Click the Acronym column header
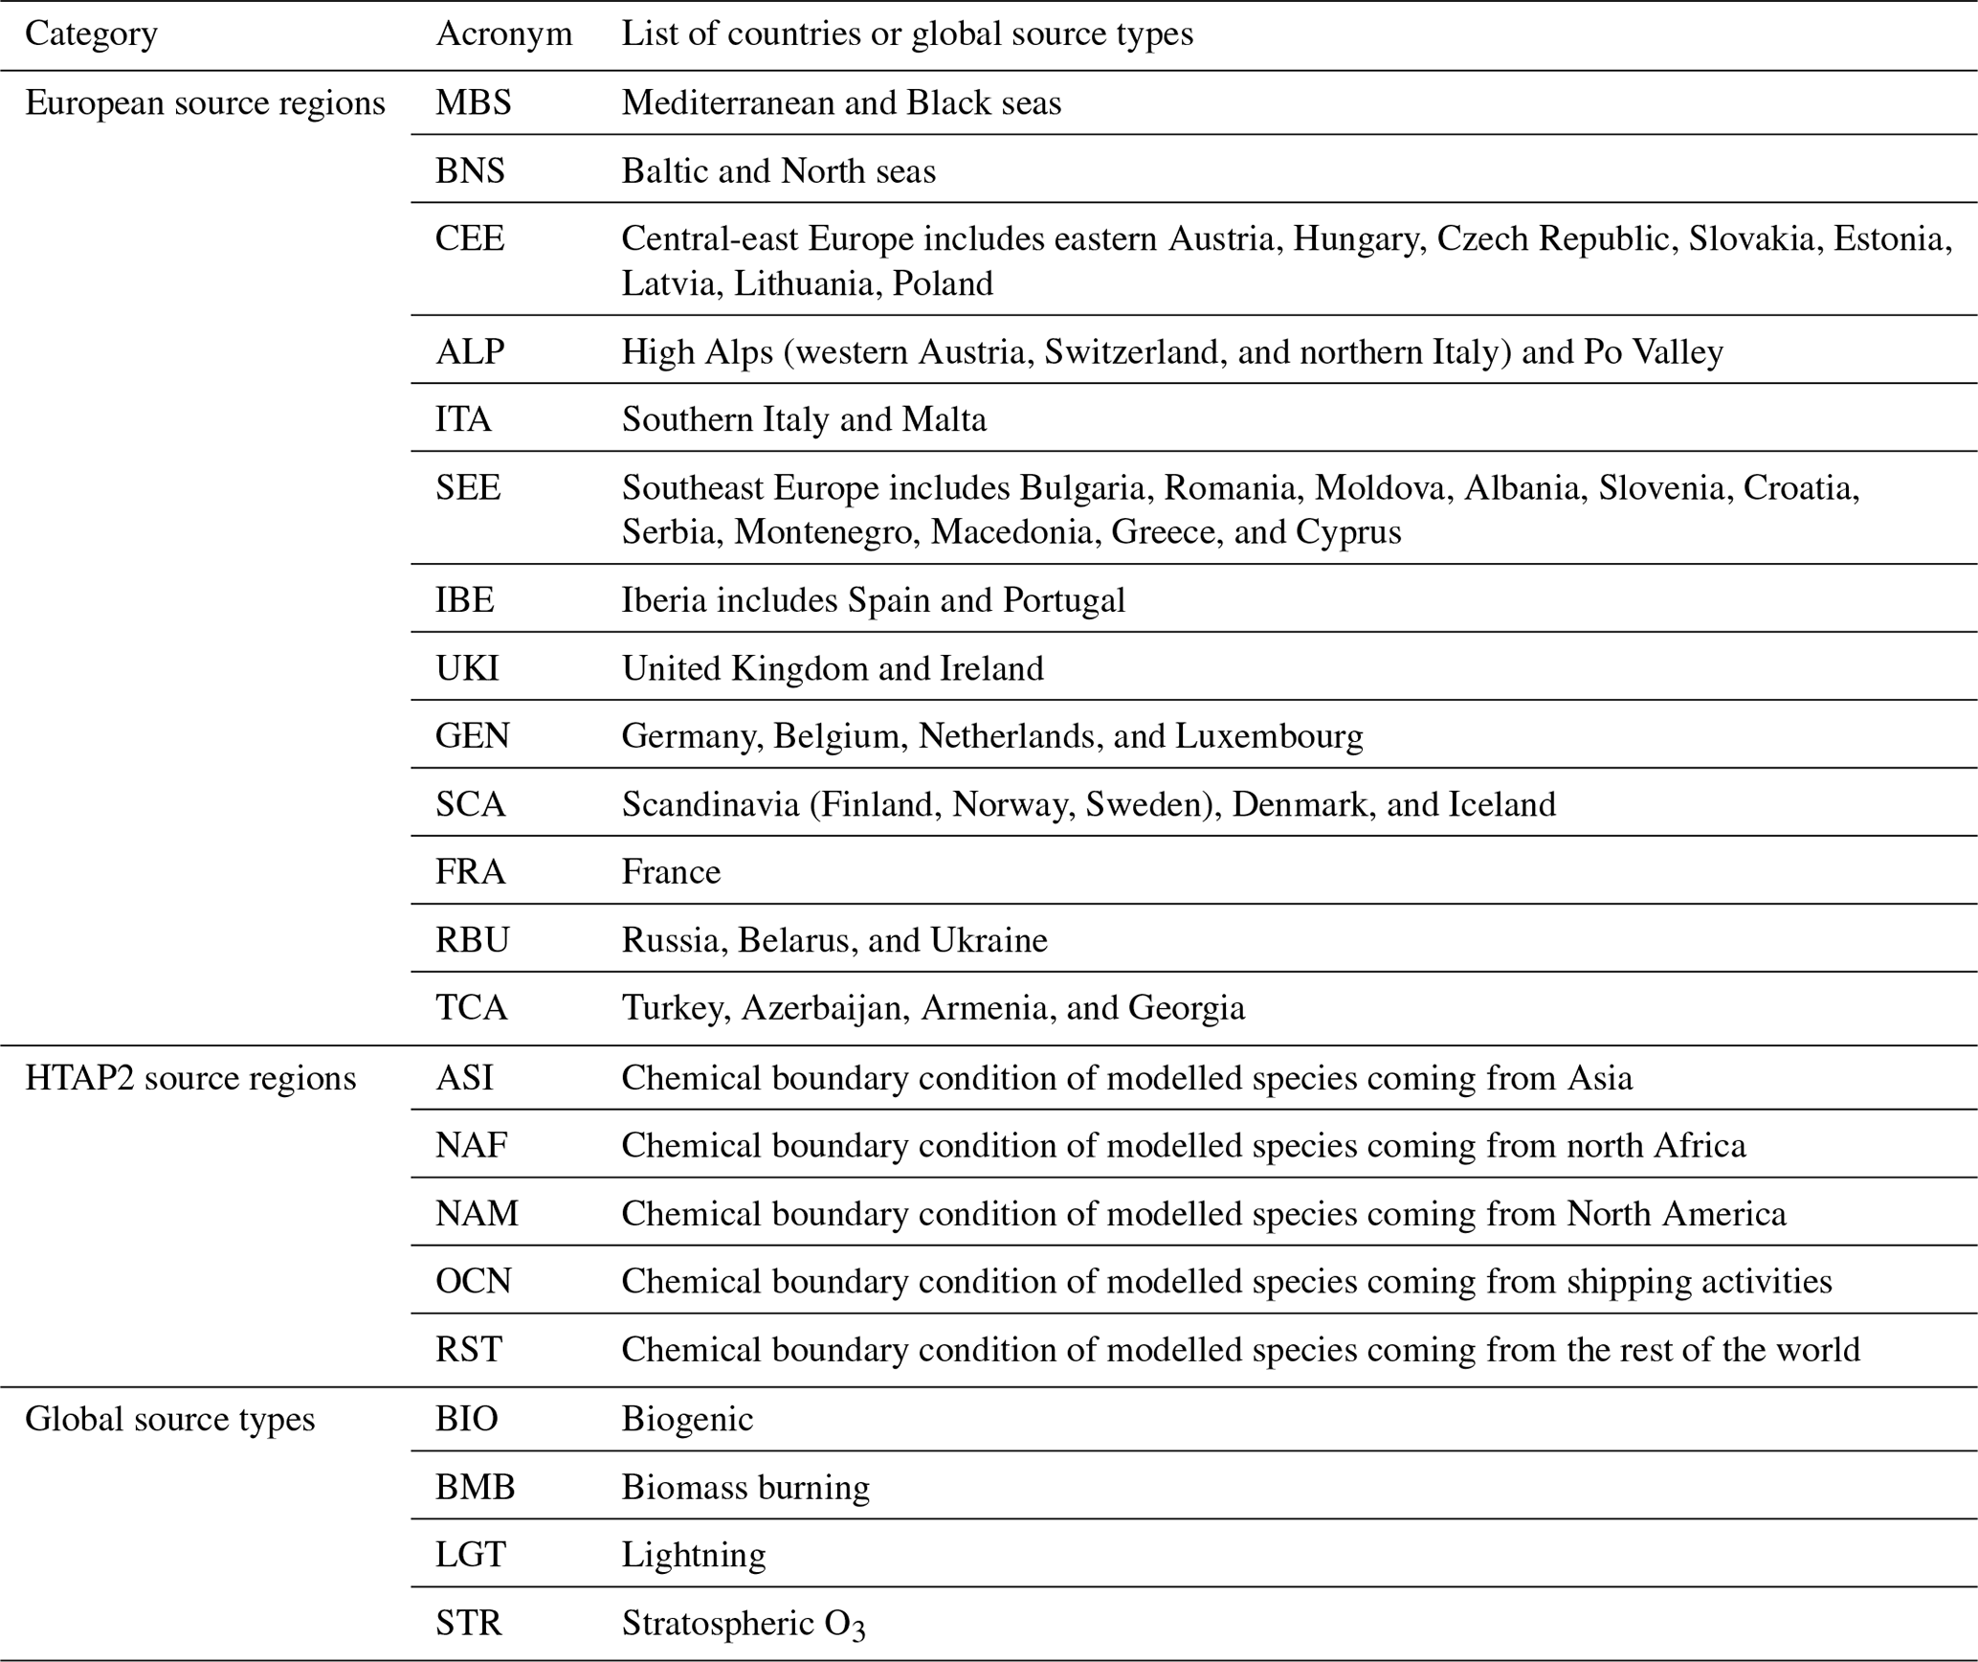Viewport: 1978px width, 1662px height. coord(503,34)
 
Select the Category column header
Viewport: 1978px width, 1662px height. coord(91,34)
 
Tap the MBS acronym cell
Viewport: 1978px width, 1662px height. coord(473,102)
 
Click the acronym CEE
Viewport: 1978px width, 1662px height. coord(469,238)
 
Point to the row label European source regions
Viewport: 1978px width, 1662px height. coord(205,102)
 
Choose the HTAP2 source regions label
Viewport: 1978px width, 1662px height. coord(190,1078)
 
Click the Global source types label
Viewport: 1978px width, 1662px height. coord(169,1419)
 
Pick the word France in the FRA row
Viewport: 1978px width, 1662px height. coord(671,872)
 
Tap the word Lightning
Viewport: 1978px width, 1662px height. coord(694,1555)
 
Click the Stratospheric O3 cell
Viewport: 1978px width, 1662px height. coord(743,1624)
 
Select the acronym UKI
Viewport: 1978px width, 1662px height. coord(467,668)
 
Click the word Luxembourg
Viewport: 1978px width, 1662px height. coord(1269,736)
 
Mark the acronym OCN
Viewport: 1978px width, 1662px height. coord(473,1281)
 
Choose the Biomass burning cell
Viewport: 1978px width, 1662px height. coord(745,1487)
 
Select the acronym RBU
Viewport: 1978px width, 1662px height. coord(472,940)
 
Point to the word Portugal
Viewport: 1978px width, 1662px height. coord(1064,600)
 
